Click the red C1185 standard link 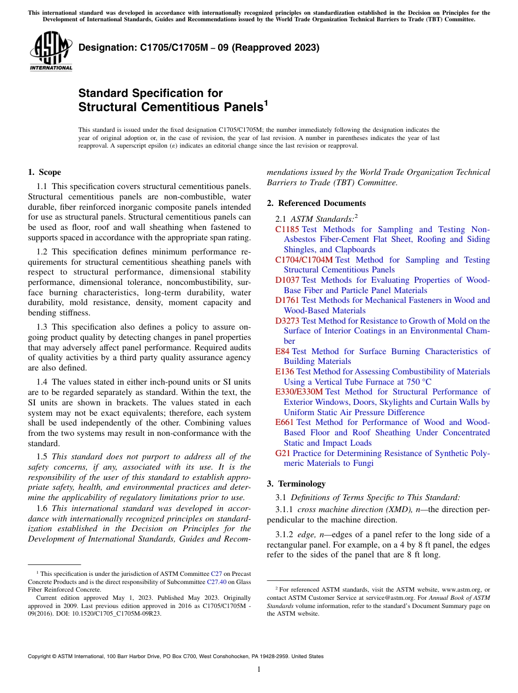click(287, 229)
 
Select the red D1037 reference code click(287, 280)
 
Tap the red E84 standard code click(282, 351)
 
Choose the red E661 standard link click(285, 422)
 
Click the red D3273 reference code click(287, 321)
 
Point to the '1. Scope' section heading click(44, 172)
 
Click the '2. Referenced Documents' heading click(316, 203)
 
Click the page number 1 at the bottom click(259, 670)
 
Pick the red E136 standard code click(285, 372)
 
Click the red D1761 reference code click(287, 300)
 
